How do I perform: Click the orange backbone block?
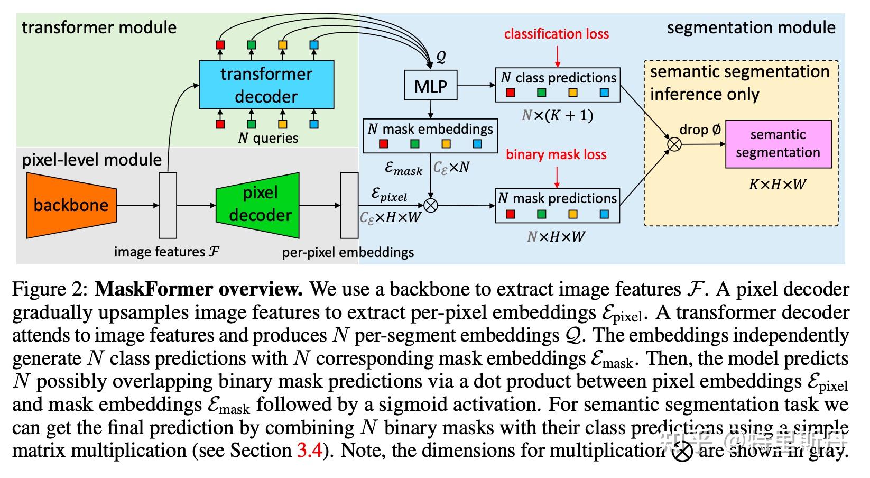click(x=71, y=205)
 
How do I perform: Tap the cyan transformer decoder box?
click(x=266, y=85)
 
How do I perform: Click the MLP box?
click(x=430, y=86)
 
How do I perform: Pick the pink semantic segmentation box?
click(x=778, y=144)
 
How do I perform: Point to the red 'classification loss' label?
click(x=556, y=34)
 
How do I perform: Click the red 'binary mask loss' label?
click(x=556, y=154)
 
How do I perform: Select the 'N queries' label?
click(x=268, y=139)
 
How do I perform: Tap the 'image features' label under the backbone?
click(x=166, y=252)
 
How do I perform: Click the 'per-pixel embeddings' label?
click(x=348, y=252)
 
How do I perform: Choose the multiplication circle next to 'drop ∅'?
click(x=674, y=143)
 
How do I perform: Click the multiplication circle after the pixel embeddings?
click(x=431, y=206)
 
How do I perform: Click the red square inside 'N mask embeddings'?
click(x=384, y=144)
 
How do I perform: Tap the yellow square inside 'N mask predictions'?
click(x=573, y=214)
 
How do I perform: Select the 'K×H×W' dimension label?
click(x=778, y=185)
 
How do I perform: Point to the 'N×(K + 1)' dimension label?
click(x=557, y=115)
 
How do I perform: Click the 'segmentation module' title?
click(x=751, y=27)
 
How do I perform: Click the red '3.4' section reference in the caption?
click(x=309, y=451)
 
